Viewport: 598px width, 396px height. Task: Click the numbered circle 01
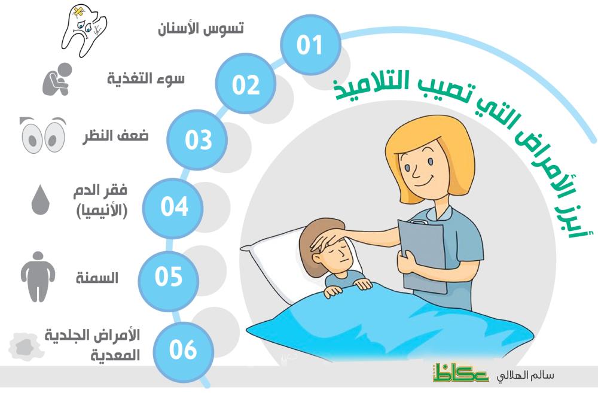(x=310, y=45)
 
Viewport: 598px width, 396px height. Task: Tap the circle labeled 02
(x=246, y=84)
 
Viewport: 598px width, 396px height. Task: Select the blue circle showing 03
(x=197, y=139)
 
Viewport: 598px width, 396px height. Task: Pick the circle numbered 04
(x=173, y=208)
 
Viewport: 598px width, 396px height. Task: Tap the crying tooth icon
(x=84, y=31)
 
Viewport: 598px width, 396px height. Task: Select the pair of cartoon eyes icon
(x=42, y=135)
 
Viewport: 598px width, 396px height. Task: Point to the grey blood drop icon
(x=40, y=200)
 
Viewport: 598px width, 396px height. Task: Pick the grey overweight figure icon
(x=38, y=276)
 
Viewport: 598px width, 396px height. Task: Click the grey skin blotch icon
(x=25, y=346)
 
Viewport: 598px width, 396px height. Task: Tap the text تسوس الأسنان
(x=201, y=29)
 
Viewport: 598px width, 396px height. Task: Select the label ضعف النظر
(x=116, y=136)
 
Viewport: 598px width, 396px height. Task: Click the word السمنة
(x=97, y=278)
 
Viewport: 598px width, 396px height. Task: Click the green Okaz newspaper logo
(x=460, y=372)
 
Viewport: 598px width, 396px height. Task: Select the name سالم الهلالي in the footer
(x=526, y=376)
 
